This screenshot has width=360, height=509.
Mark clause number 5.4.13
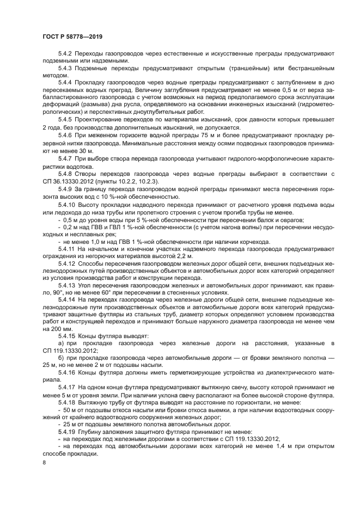(67, 283)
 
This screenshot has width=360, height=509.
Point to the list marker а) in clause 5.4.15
(61, 342)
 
